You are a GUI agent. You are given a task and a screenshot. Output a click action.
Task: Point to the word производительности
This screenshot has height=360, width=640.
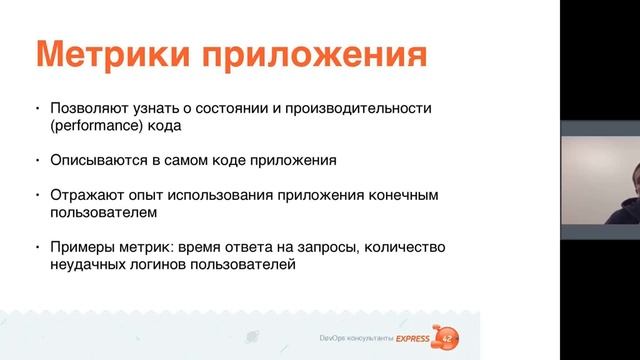point(381,108)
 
